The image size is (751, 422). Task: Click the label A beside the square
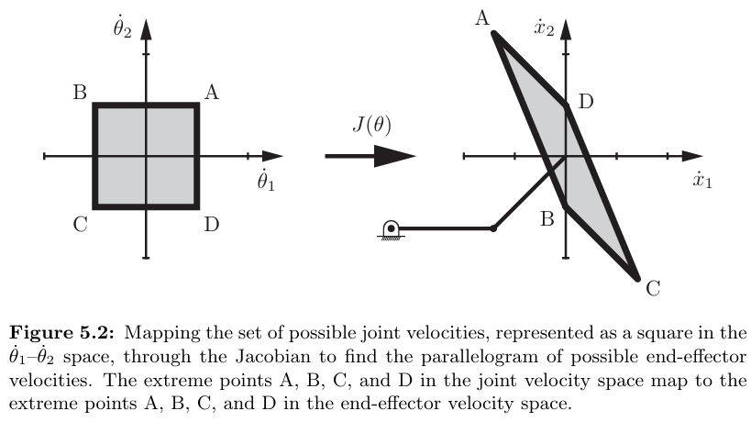click(x=212, y=92)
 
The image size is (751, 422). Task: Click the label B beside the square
click(x=80, y=93)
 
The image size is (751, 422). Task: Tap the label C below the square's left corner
click(x=80, y=224)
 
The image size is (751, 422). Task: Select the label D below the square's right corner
click(x=212, y=224)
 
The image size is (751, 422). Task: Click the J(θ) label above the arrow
click(x=370, y=125)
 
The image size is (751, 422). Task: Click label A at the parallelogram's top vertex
click(x=480, y=17)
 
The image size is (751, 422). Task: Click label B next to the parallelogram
click(x=547, y=220)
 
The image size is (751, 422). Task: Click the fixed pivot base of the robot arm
click(x=392, y=229)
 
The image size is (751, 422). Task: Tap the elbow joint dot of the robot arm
click(x=494, y=228)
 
